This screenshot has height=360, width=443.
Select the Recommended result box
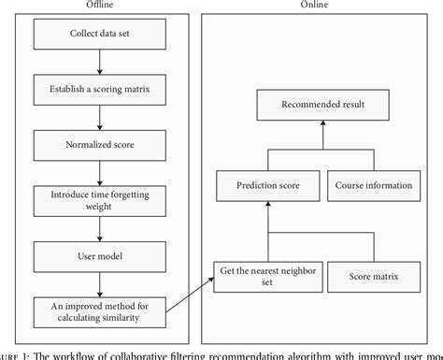point(322,104)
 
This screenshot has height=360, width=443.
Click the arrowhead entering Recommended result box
point(322,123)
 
